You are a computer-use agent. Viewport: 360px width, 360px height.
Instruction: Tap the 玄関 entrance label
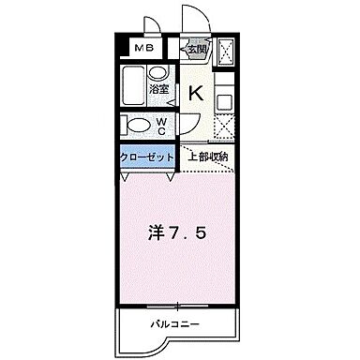point(195,50)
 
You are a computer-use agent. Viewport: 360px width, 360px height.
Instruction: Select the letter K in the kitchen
point(196,93)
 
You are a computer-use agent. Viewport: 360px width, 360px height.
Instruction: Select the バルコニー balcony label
point(176,324)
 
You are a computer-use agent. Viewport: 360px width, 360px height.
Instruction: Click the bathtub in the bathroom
point(135,85)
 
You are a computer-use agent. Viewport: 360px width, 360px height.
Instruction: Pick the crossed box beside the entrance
point(225,52)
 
